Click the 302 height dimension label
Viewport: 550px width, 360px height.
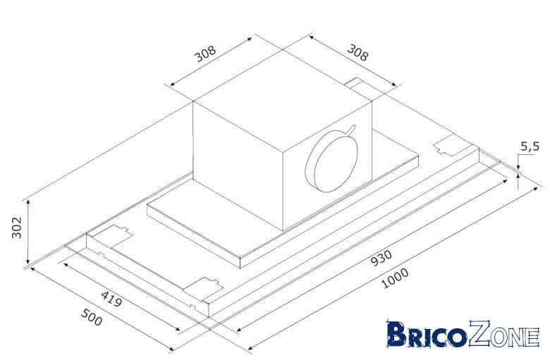(x=16, y=228)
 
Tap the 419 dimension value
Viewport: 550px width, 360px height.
(x=111, y=299)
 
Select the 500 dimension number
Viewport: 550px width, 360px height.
(x=92, y=317)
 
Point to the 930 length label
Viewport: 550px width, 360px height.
(x=381, y=258)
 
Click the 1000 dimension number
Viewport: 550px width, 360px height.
(x=395, y=278)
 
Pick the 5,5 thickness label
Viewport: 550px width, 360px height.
(x=530, y=147)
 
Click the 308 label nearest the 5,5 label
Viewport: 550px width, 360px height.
(x=357, y=53)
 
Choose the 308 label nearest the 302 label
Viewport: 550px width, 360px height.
(x=205, y=54)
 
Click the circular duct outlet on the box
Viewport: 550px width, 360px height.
(x=331, y=162)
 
